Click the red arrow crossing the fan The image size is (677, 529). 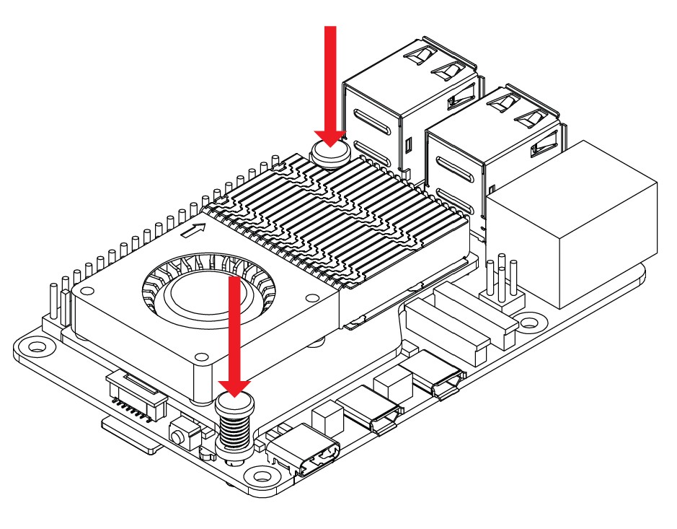234,332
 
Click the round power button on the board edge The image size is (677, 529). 178,435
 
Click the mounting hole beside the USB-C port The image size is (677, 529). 257,476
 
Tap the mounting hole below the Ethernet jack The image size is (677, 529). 531,320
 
